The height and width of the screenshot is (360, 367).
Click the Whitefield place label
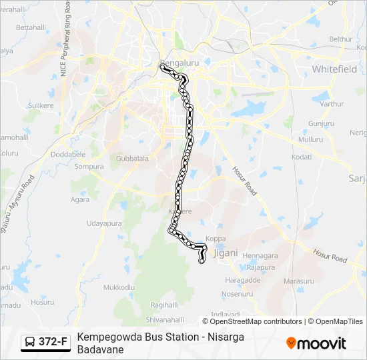(336, 69)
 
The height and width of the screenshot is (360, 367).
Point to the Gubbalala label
(132, 159)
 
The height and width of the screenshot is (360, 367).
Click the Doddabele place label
(69, 153)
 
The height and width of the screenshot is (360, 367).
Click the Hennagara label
(260, 255)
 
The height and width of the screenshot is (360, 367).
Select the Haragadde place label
(243, 280)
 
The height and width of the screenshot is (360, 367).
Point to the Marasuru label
(298, 281)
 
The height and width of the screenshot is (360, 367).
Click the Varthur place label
(332, 103)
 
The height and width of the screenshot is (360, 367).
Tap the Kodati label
(302, 157)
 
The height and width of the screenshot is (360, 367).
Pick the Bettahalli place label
(31, 27)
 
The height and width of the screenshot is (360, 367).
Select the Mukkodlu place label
(119, 287)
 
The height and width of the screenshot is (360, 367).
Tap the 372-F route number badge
(53, 342)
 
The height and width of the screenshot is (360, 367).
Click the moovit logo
(316, 343)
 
